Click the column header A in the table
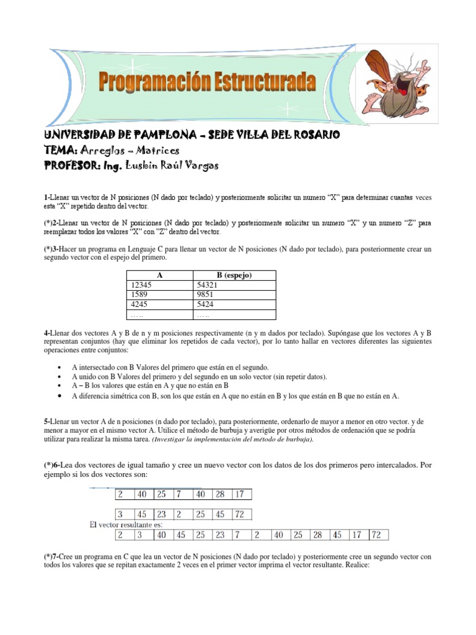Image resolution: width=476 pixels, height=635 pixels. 160,275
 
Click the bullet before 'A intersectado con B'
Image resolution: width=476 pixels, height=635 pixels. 58,367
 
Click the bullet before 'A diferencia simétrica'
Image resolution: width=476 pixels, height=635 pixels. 58,396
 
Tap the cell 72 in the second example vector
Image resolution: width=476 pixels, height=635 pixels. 243,514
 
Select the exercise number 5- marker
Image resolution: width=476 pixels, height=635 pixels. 47,420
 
